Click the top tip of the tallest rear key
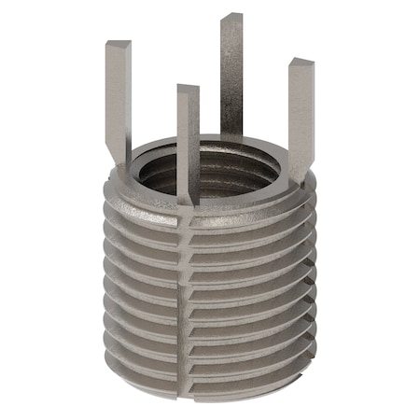[x=231, y=18]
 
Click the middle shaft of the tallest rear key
[x=231, y=75]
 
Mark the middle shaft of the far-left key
[x=118, y=98]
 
